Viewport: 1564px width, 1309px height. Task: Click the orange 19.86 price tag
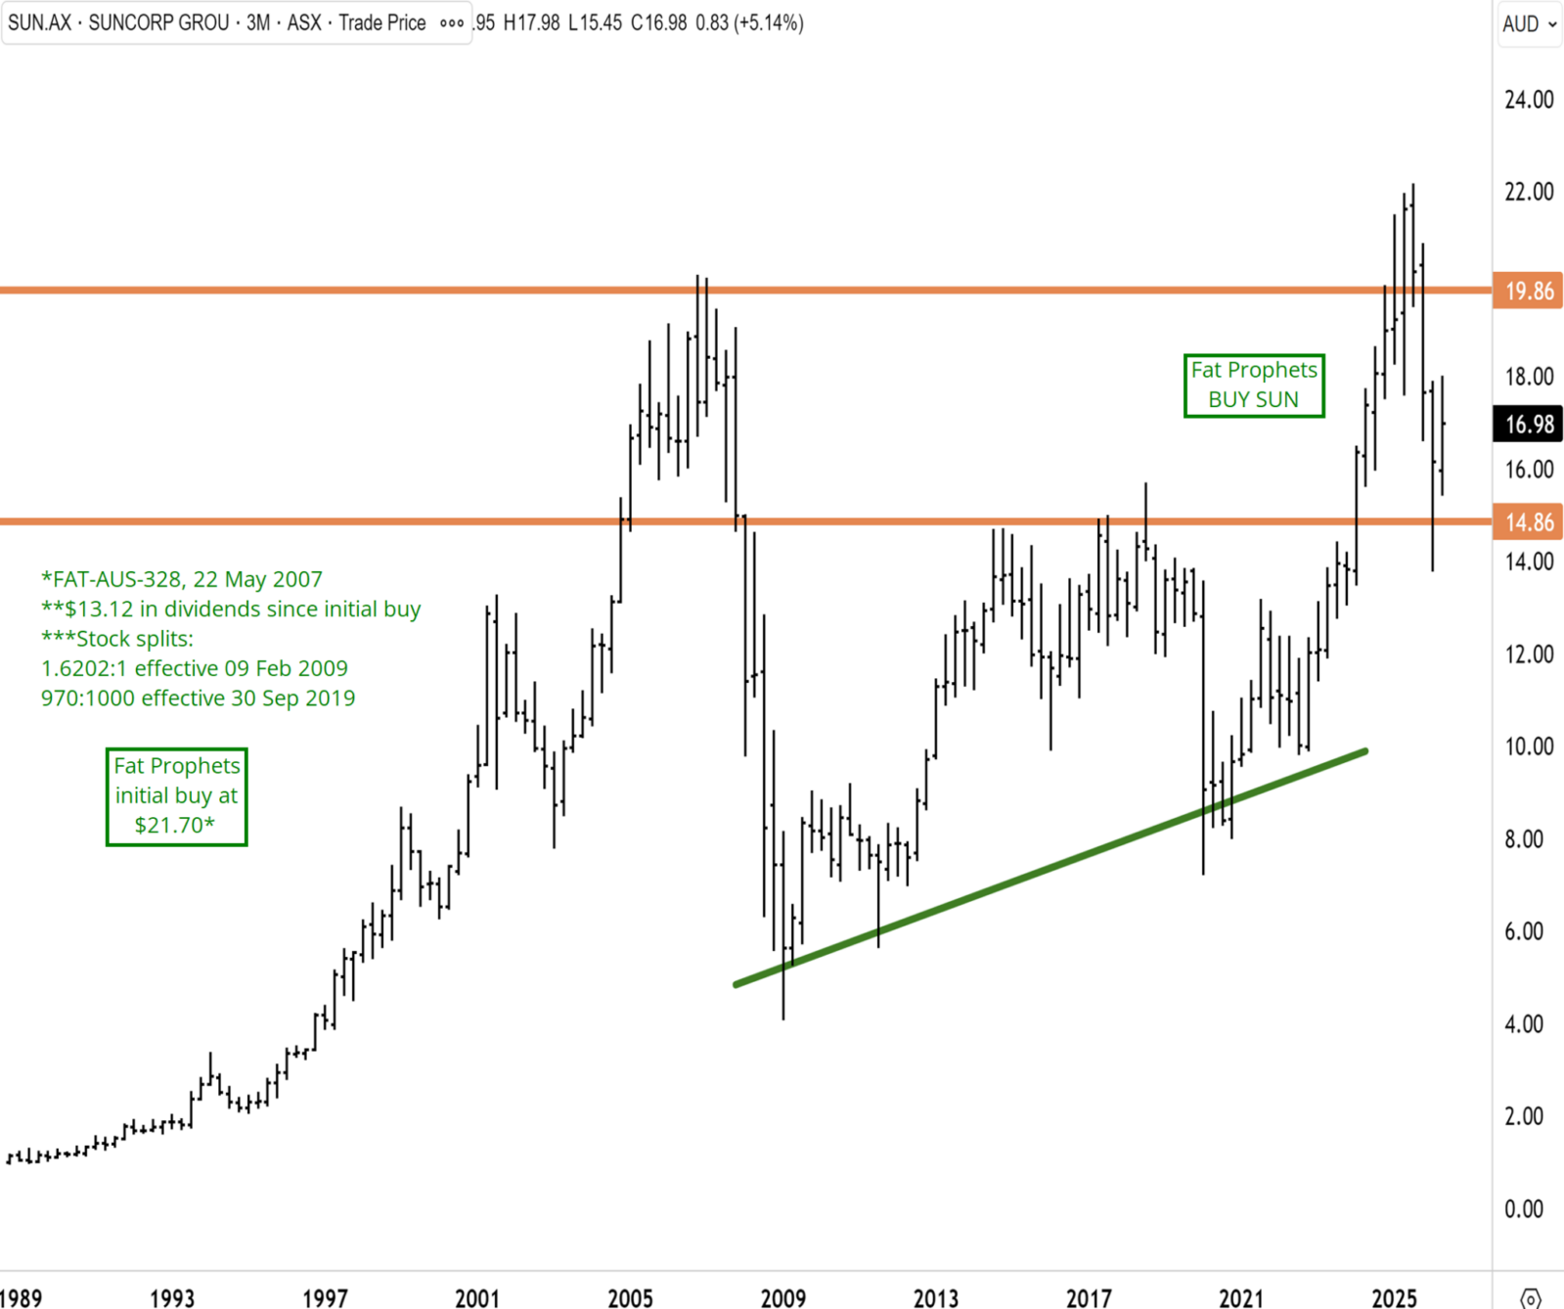[x=1527, y=291]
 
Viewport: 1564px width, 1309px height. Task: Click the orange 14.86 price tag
[x=1527, y=522]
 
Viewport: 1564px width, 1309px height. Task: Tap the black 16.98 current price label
[x=1527, y=425]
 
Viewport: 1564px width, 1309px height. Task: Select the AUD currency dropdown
[x=1529, y=23]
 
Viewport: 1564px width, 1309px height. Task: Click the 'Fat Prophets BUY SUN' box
[x=1254, y=385]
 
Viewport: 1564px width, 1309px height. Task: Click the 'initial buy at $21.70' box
[x=176, y=796]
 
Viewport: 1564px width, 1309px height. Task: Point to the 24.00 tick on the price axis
[x=1529, y=100]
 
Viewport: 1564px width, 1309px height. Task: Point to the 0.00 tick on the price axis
[x=1524, y=1209]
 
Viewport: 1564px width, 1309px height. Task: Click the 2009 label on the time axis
[x=783, y=1298]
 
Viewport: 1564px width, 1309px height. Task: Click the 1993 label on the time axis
[x=172, y=1298]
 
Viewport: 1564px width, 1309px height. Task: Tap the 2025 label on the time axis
[x=1394, y=1298]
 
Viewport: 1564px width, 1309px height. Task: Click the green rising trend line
[x=1050, y=868]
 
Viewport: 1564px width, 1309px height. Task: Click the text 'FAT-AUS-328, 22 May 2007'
[x=187, y=579]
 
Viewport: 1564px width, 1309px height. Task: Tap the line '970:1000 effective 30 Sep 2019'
[x=199, y=699]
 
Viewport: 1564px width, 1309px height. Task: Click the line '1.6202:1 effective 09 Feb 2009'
[x=195, y=669]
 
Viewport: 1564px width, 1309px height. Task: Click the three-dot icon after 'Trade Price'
[x=452, y=23]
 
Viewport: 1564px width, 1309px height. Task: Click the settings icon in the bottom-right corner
[x=1531, y=1299]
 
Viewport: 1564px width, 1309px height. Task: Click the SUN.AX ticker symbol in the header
[x=40, y=23]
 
